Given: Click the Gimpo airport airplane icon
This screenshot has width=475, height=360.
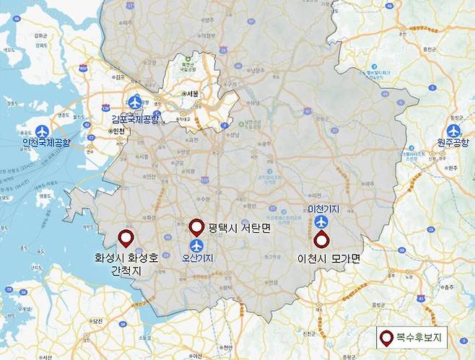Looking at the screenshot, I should (x=135, y=102).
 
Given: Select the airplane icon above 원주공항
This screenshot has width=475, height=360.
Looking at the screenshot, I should (x=453, y=131).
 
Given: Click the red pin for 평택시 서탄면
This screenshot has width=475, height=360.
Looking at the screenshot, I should (x=196, y=228).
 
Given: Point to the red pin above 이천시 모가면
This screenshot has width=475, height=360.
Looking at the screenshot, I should (x=321, y=241).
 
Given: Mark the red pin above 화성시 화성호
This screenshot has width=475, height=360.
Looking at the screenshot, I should (x=126, y=239).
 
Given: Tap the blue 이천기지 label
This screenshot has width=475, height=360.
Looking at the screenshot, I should (x=323, y=208).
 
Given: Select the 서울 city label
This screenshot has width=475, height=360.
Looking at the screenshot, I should (x=192, y=94).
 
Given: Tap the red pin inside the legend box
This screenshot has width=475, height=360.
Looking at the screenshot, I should (x=388, y=337).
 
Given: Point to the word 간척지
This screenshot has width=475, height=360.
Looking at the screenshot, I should (x=126, y=271).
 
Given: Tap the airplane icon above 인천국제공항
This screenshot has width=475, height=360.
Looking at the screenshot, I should (x=42, y=131).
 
